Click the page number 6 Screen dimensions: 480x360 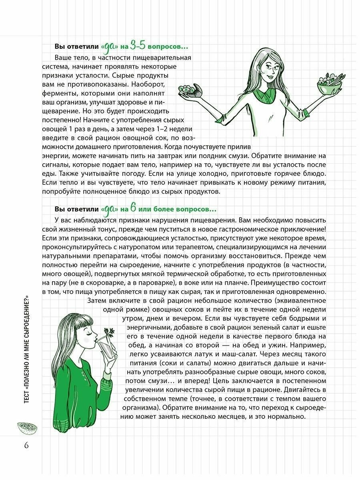pyautogui.click(x=26, y=445)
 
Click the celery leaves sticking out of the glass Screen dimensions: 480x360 pyautogui.click(x=107, y=333)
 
